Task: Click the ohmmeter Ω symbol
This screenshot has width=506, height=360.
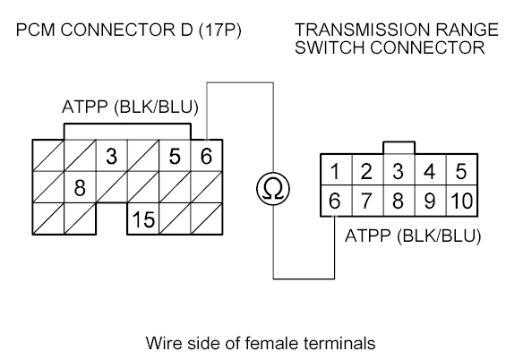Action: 273,189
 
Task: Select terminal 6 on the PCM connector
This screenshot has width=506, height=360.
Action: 207,156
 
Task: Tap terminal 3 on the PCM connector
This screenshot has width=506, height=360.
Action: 112,156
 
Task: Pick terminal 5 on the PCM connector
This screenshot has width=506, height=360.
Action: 175,156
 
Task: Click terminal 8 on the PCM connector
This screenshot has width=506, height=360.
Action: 80,187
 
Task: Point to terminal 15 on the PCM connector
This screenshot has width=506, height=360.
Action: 143,219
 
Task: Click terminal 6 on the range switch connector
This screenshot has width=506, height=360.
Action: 336,201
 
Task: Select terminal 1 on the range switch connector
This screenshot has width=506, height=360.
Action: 336,170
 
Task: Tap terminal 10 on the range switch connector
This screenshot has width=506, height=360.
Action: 462,201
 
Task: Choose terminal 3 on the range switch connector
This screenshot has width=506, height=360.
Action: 399,170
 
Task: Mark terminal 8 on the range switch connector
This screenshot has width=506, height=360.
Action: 399,201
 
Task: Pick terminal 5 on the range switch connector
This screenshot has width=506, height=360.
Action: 462,170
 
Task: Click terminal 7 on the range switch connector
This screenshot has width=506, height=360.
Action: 367,201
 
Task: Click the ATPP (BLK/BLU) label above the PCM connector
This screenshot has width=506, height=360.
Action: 130,107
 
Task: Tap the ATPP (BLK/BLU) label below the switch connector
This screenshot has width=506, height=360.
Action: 413,236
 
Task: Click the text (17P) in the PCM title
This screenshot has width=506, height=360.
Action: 220,30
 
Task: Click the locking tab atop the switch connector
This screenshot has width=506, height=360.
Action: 399,148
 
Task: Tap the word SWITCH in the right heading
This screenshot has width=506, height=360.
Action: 330,47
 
